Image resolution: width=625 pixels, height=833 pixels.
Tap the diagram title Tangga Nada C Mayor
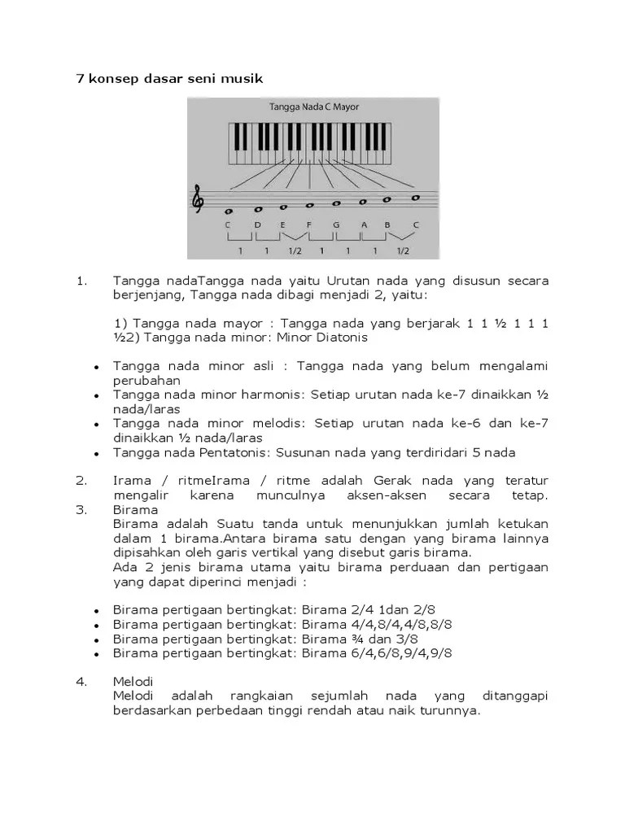tap(313, 107)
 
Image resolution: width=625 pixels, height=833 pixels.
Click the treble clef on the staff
tap(198, 199)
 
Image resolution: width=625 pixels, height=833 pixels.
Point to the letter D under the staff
tap(257, 225)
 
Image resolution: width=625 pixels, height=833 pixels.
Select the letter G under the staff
tap(335, 225)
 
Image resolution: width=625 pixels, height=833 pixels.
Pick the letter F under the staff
tap(308, 225)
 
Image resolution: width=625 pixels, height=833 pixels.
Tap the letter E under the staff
tap(283, 225)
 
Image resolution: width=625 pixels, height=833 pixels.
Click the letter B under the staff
tap(387, 225)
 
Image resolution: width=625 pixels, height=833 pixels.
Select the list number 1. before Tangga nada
tap(81, 281)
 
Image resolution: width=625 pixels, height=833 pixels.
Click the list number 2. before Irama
tap(81, 480)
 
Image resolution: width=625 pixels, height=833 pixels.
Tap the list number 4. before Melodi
tap(81, 681)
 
